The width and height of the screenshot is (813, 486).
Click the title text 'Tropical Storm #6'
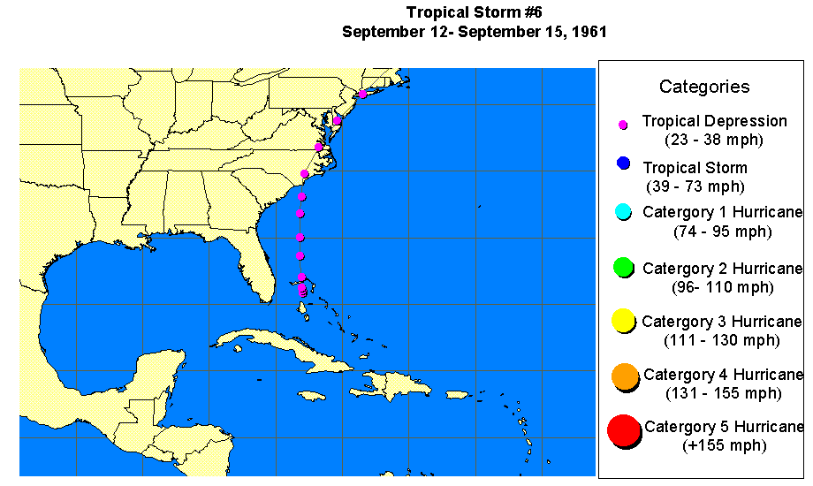[x=474, y=12]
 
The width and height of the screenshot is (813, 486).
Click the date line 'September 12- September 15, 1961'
[x=474, y=31]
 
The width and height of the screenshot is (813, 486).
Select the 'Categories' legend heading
[x=704, y=87]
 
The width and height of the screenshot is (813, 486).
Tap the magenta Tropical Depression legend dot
[x=623, y=125]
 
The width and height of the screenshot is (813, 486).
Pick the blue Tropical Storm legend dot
[x=624, y=163]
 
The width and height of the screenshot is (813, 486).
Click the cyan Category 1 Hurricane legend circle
[x=623, y=212]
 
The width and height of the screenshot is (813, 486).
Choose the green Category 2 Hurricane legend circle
[x=624, y=267]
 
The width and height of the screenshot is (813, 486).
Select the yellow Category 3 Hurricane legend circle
[x=624, y=321]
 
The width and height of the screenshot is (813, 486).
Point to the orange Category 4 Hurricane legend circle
[x=624, y=376]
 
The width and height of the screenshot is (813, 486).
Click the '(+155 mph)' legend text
[x=725, y=446]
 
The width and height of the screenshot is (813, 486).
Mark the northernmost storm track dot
[x=362, y=94]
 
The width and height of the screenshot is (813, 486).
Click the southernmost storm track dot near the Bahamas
[x=303, y=292]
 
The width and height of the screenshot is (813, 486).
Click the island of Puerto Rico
[x=458, y=394]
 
